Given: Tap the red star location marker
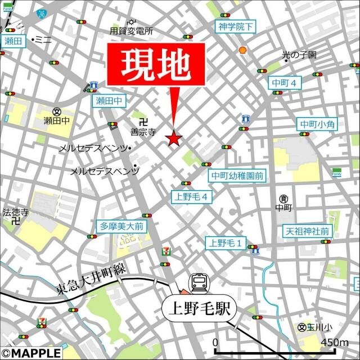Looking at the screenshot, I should [173, 138].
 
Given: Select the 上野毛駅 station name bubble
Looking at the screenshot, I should [200, 309].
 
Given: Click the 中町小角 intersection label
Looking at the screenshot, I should [317, 124].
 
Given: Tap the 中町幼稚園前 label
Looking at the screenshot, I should [237, 175].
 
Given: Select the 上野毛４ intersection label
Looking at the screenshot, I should [192, 196].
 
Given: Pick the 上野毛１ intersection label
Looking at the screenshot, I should [226, 243].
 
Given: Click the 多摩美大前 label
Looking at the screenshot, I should [121, 226].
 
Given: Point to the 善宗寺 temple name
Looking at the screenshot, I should [143, 133].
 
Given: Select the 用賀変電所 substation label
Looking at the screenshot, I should [132, 32].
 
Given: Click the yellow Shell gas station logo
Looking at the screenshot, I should [243, 50].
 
